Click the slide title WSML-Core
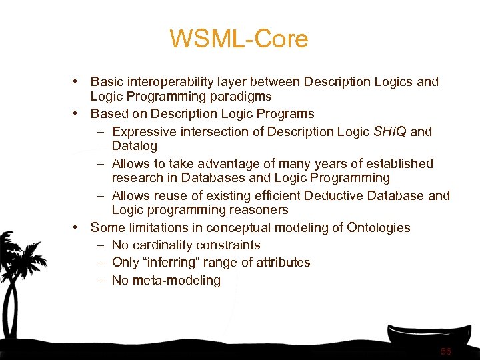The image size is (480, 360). click(x=239, y=39)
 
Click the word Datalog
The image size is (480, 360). click(x=134, y=145)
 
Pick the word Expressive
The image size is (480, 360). click(x=142, y=131)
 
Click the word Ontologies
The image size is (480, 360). click(x=379, y=227)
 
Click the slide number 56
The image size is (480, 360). click(x=446, y=351)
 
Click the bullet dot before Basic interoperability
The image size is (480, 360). click(x=78, y=82)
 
